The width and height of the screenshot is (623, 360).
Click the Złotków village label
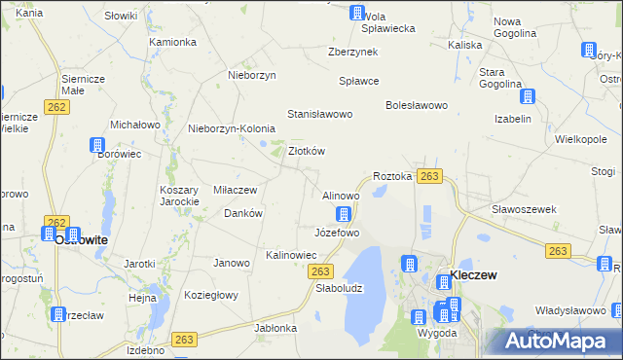click(x=307, y=151)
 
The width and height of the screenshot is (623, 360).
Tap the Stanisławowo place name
click(x=319, y=114)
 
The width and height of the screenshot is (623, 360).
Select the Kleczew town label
click(x=473, y=275)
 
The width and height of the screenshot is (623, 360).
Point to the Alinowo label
click(x=341, y=196)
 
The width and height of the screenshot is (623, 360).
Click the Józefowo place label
click(x=337, y=234)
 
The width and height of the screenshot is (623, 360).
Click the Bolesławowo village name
click(x=416, y=104)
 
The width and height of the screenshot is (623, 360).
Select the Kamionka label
click(x=173, y=43)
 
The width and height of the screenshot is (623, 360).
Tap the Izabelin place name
click(x=513, y=119)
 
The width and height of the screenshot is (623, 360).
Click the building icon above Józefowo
click(x=343, y=214)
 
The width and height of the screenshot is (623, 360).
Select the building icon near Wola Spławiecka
click(x=357, y=13)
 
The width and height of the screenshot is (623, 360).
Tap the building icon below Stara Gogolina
click(x=528, y=96)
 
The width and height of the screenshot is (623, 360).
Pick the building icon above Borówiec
click(x=97, y=146)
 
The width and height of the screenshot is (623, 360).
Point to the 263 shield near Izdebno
click(x=185, y=339)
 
